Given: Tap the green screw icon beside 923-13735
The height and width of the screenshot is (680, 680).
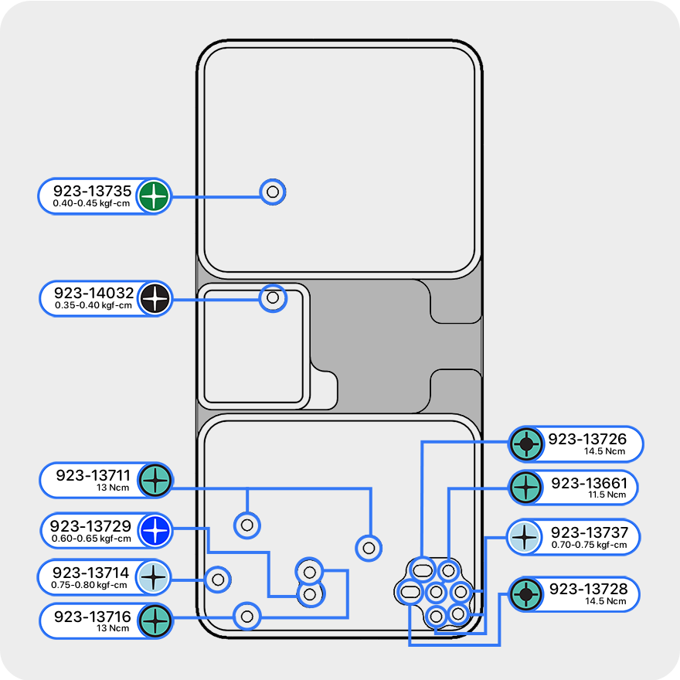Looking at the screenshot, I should pyautogui.click(x=154, y=195).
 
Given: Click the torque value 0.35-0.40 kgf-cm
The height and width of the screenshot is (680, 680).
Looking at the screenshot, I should pyautogui.click(x=93, y=306).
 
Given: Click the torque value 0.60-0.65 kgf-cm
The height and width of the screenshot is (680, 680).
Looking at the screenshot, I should pyautogui.click(x=91, y=539).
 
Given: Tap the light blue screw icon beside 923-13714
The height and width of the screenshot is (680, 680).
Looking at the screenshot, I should pyautogui.click(x=154, y=576).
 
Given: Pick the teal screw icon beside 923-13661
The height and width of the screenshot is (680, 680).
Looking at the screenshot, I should pyautogui.click(x=525, y=488).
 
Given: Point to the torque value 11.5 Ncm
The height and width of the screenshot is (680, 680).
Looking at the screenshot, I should pyautogui.click(x=606, y=495).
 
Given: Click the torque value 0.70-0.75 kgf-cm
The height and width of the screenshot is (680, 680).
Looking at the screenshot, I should pyautogui.click(x=589, y=545).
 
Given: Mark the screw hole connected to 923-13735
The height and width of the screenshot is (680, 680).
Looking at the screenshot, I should pyautogui.click(x=272, y=191).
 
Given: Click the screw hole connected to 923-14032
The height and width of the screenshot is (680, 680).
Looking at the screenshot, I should pyautogui.click(x=272, y=297).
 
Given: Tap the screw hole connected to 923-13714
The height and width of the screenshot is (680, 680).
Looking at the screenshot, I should pyautogui.click(x=218, y=578).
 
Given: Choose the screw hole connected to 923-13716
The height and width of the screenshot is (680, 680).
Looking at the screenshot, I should pyautogui.click(x=247, y=616).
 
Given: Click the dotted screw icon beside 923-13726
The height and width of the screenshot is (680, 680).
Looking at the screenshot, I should pyautogui.click(x=526, y=444).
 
